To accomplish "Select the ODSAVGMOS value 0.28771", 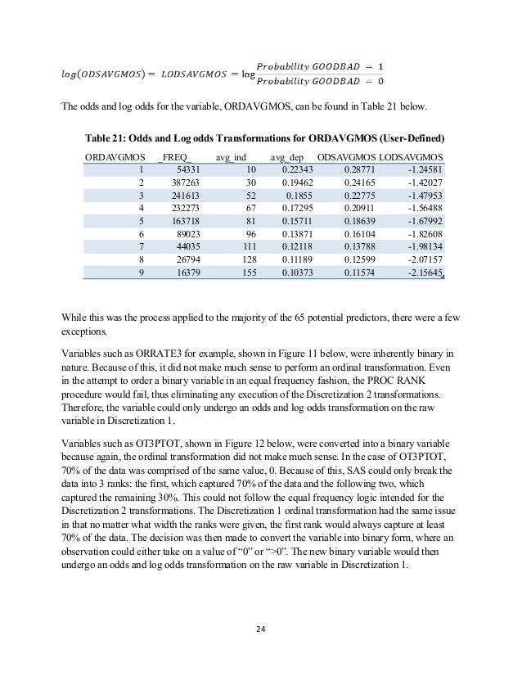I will coord(354,168).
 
